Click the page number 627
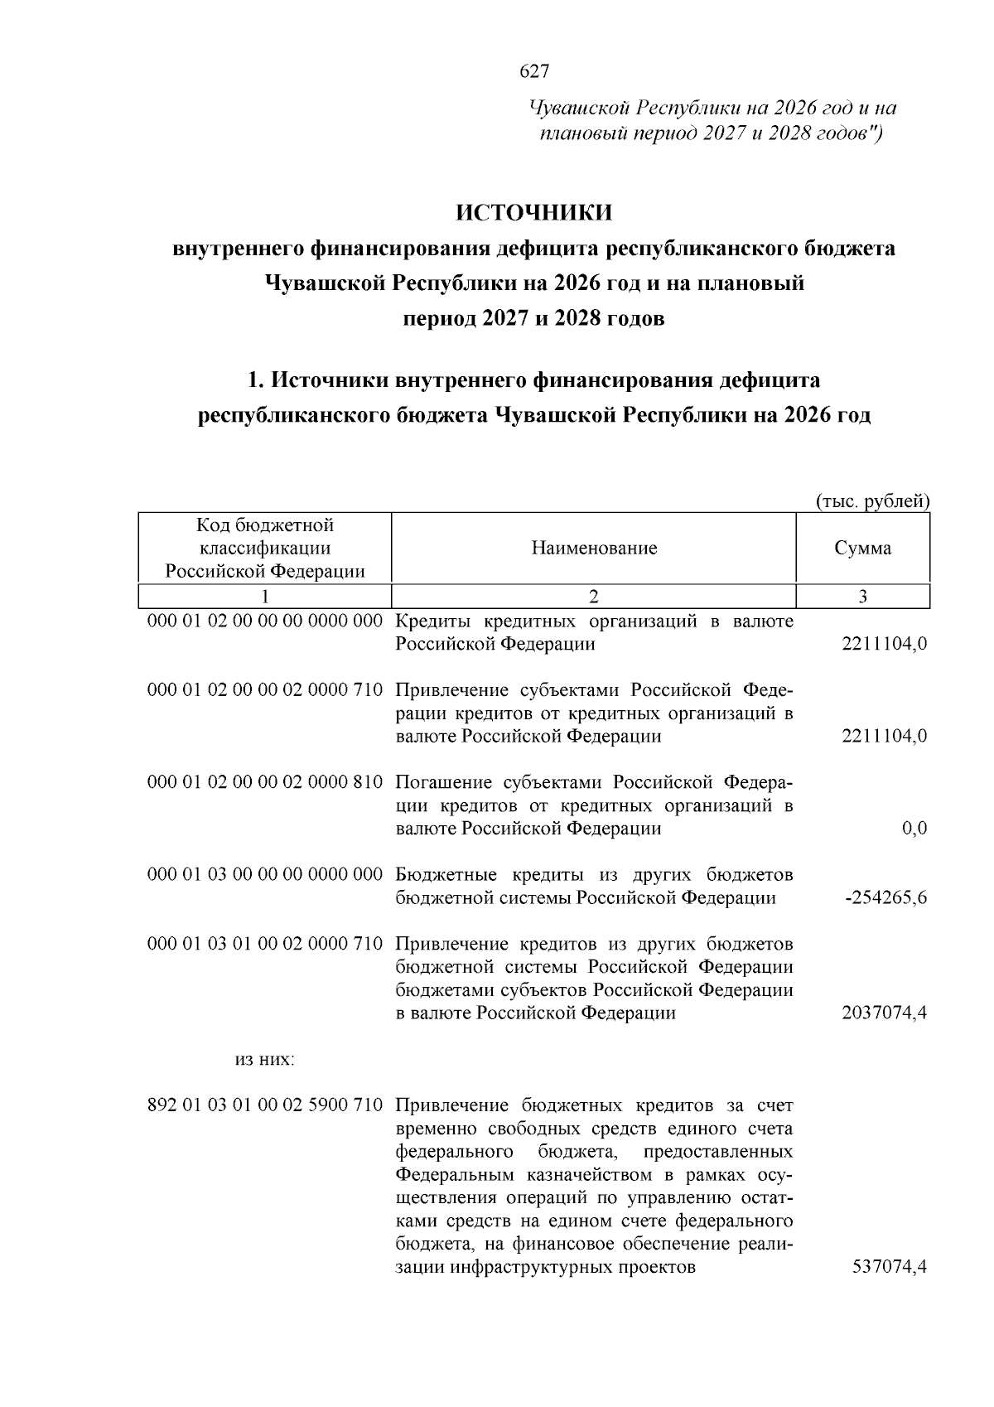tap(534, 72)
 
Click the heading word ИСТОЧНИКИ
tap(534, 212)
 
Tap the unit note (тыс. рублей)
tap(872, 501)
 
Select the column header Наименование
tap(594, 548)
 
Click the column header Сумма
tap(863, 548)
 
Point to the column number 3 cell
tap(863, 597)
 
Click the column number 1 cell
tap(264, 597)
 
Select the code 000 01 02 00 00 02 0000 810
tap(264, 782)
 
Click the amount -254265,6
tap(885, 898)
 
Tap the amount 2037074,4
tap(884, 1013)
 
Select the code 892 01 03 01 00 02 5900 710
tap(264, 1105)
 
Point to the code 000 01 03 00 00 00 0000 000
tap(264, 875)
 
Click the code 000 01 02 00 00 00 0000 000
tap(264, 621)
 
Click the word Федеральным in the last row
tap(452, 1175)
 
